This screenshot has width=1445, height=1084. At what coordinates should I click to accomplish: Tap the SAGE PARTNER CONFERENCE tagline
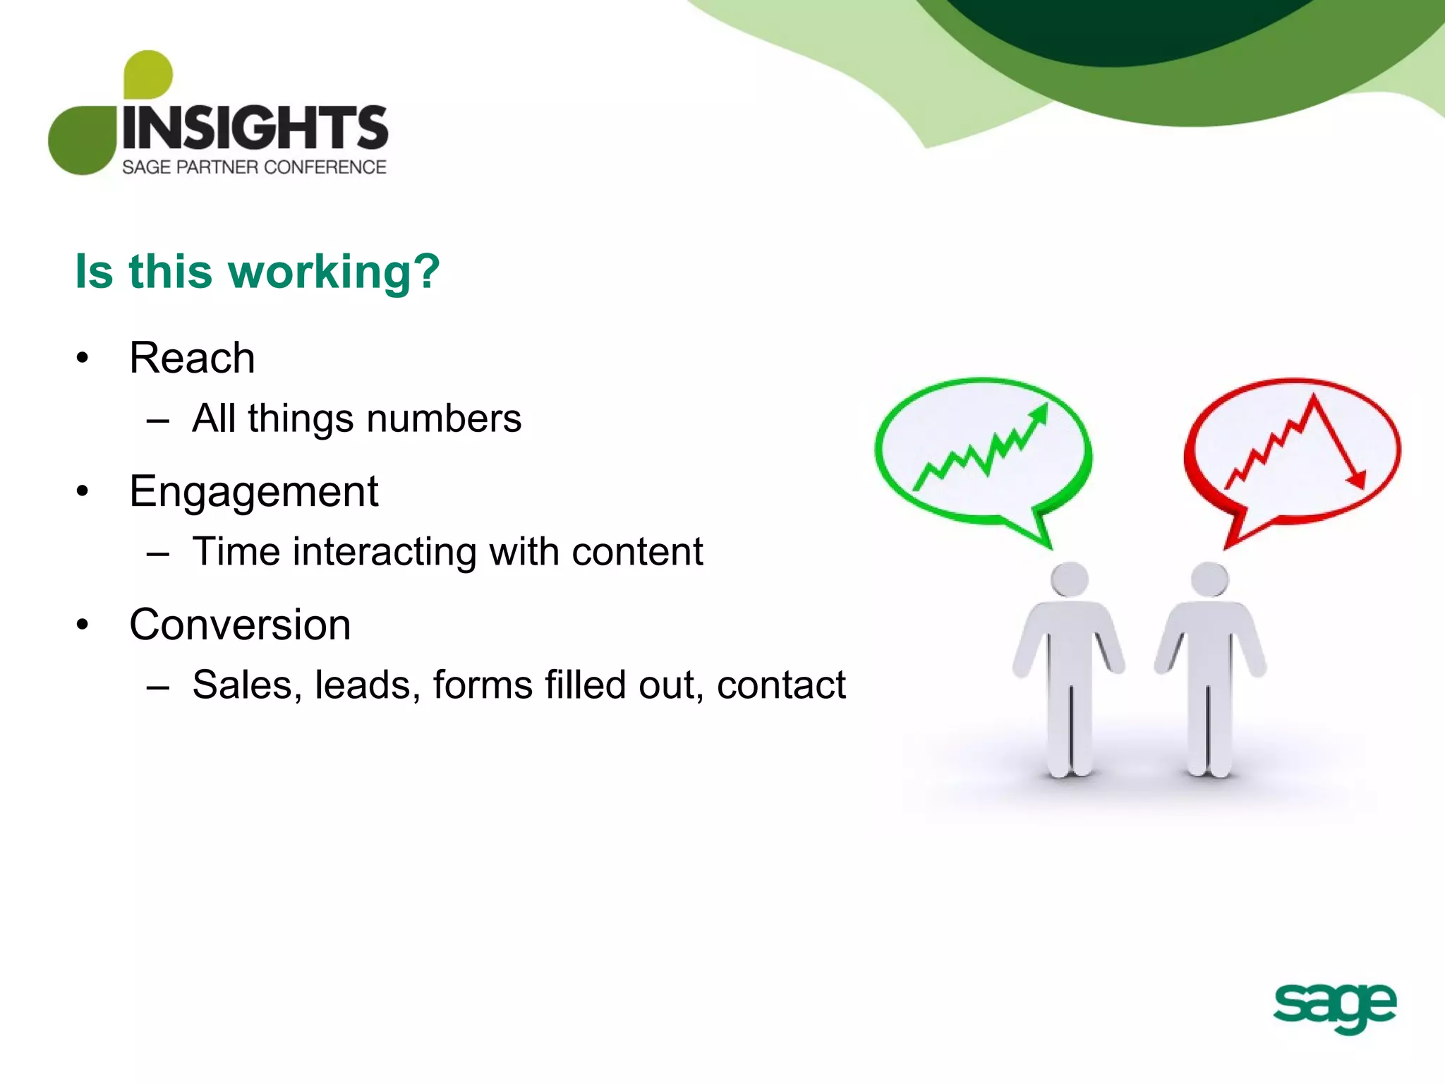pyautogui.click(x=254, y=167)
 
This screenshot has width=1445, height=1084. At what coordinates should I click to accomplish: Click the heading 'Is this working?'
pyautogui.click(x=258, y=272)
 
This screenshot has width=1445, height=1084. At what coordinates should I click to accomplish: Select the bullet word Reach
pyautogui.click(x=192, y=358)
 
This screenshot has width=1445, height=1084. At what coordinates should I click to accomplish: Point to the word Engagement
pyautogui.click(x=254, y=491)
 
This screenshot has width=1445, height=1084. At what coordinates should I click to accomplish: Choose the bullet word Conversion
pyautogui.click(x=240, y=625)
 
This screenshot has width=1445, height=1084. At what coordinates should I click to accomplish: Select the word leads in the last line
pyautogui.click(x=363, y=685)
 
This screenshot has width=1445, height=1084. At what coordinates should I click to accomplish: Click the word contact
pyautogui.click(x=781, y=685)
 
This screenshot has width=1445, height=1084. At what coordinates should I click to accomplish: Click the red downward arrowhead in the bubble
pyautogui.click(x=1356, y=479)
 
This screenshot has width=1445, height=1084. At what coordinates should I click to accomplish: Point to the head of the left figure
pyautogui.click(x=1069, y=579)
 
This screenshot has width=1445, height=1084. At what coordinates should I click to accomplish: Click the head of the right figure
pyautogui.click(x=1209, y=579)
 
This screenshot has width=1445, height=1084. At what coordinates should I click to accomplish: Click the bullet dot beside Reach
pyautogui.click(x=83, y=358)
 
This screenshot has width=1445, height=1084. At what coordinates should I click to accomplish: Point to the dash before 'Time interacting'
pyautogui.click(x=158, y=553)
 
